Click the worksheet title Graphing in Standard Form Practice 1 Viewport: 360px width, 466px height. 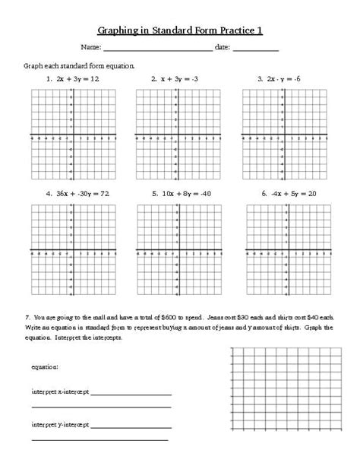(x=180, y=30)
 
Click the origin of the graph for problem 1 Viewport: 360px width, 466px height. (x=71, y=137)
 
